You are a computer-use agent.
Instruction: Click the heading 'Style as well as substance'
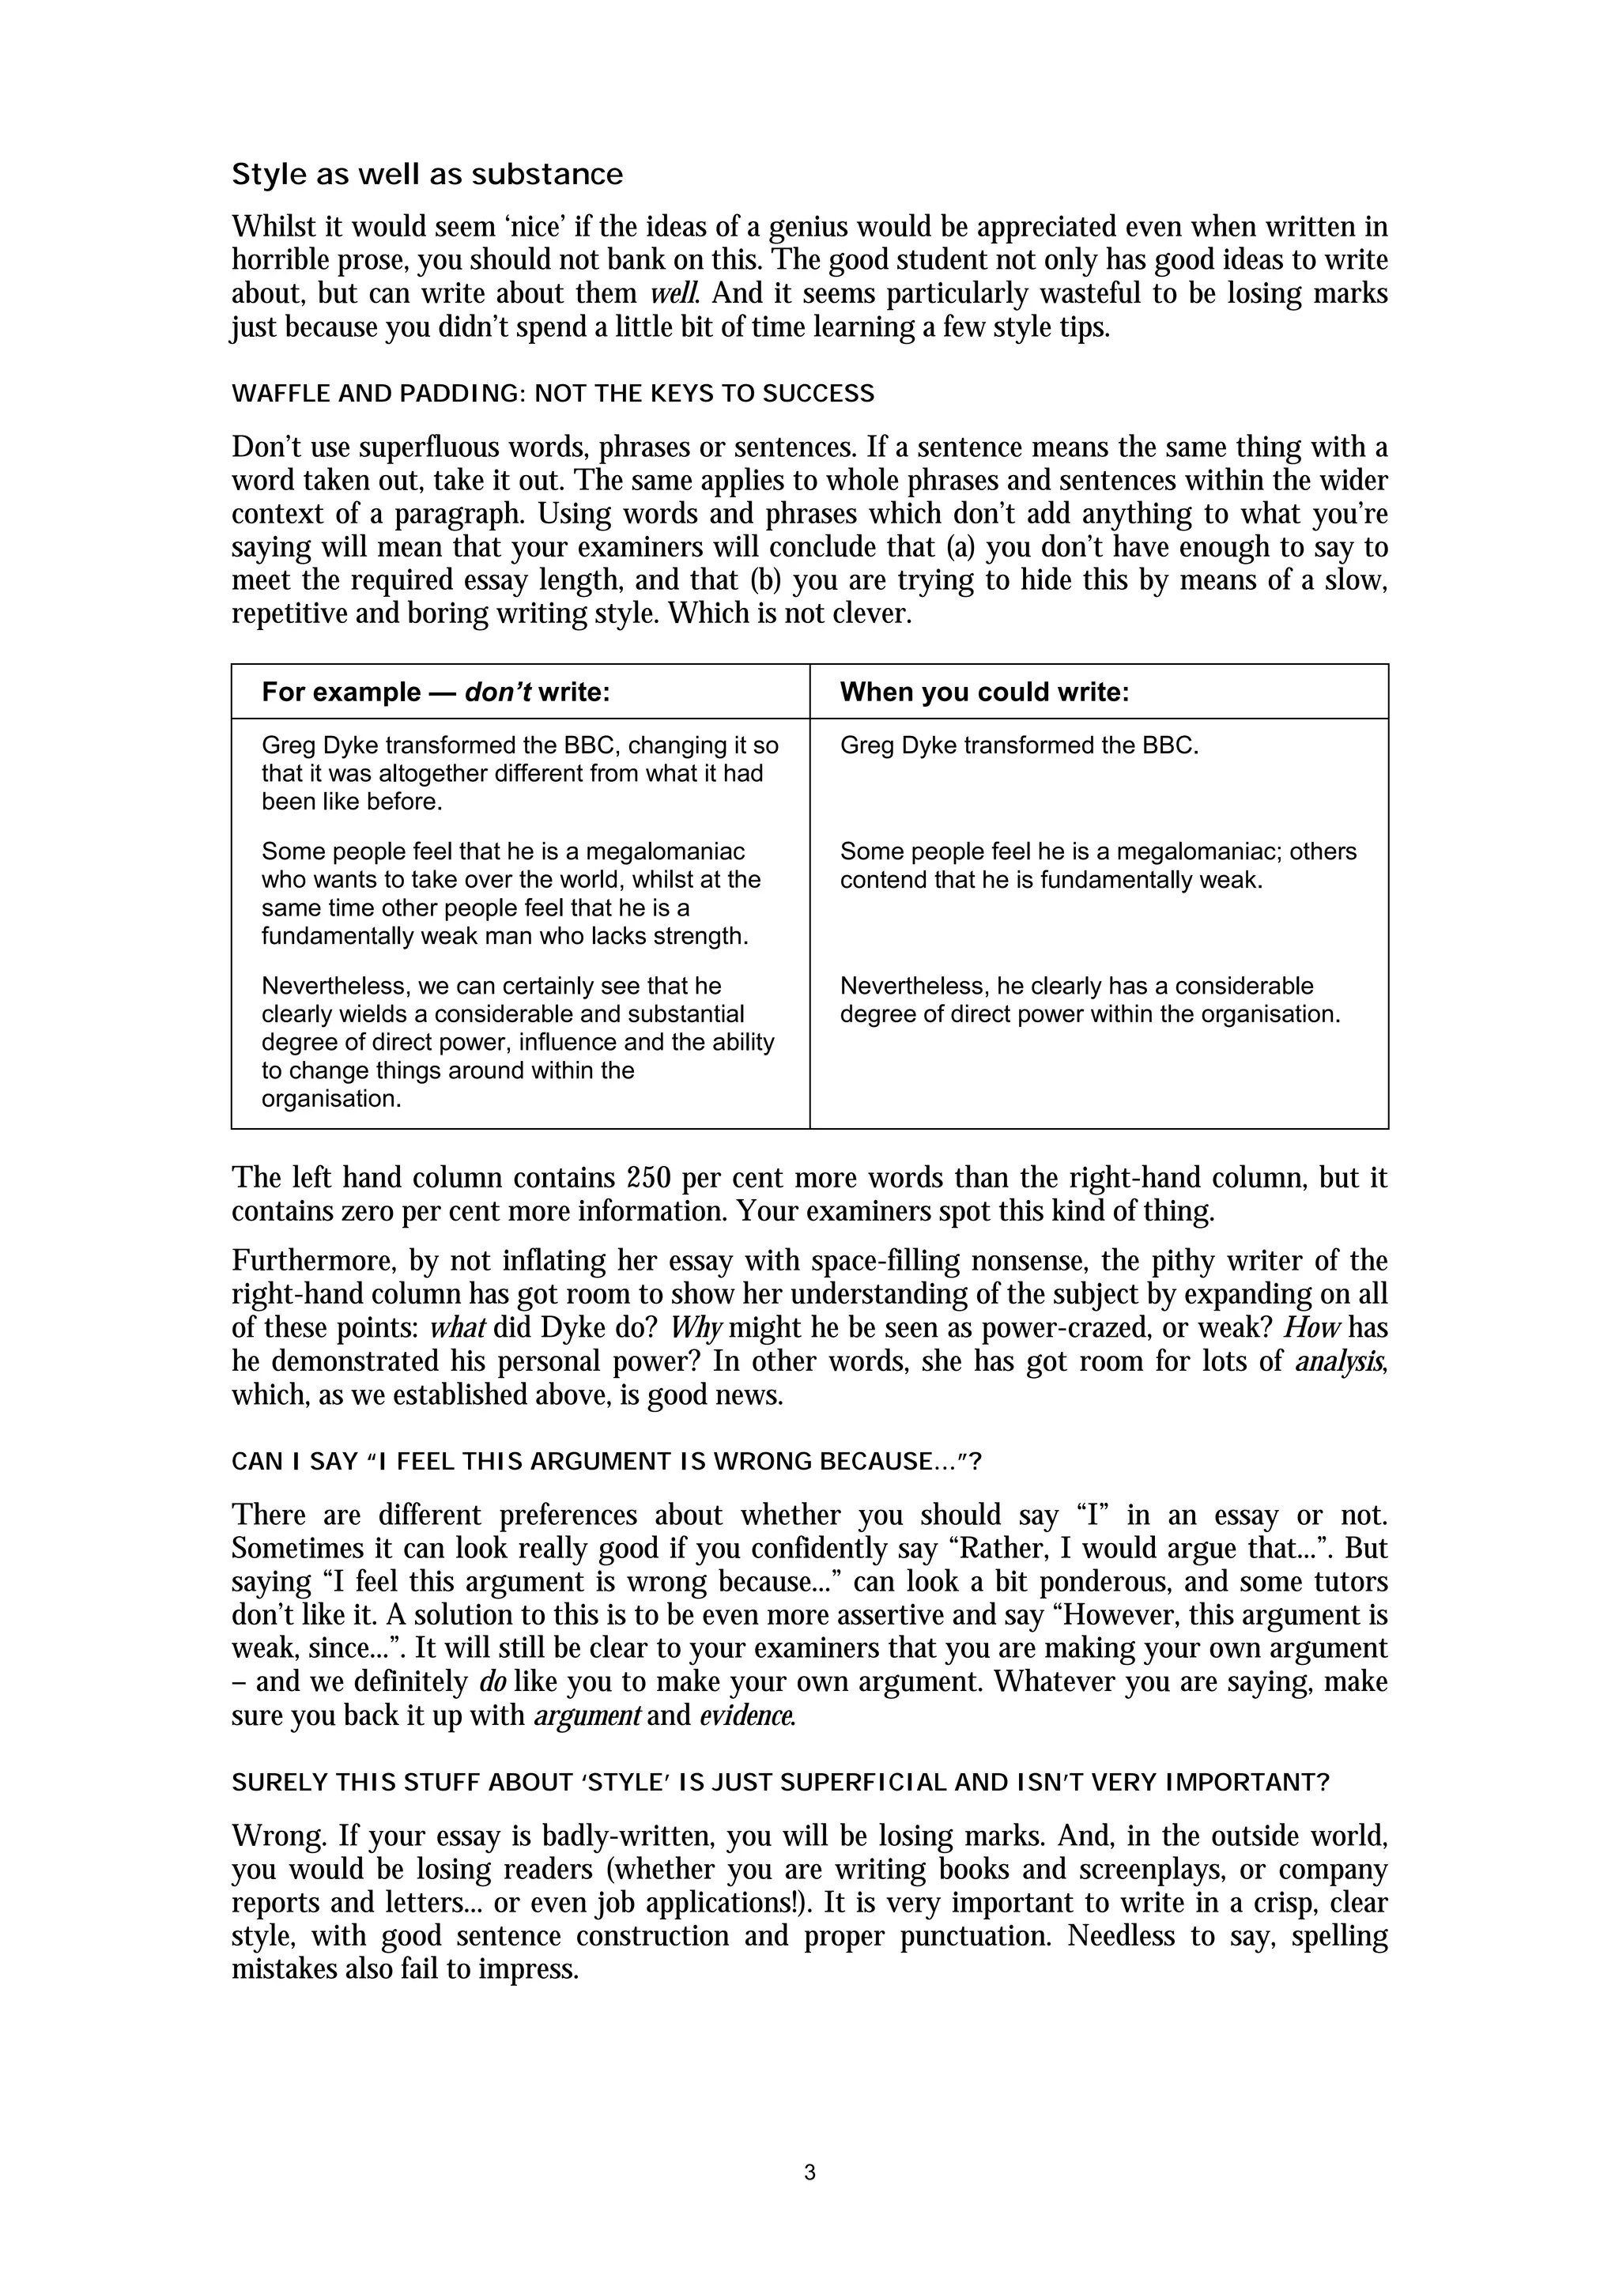click(x=427, y=175)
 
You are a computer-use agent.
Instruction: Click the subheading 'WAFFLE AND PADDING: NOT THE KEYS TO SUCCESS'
click(x=553, y=394)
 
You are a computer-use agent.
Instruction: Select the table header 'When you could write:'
click(x=984, y=693)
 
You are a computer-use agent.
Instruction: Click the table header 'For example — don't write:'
click(x=435, y=693)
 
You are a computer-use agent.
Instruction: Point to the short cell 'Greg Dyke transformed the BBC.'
click(x=1018, y=745)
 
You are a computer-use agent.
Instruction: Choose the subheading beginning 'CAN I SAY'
click(x=606, y=1463)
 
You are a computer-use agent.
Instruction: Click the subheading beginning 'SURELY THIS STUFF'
click(x=780, y=1783)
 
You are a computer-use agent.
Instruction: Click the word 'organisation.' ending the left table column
click(x=330, y=1099)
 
